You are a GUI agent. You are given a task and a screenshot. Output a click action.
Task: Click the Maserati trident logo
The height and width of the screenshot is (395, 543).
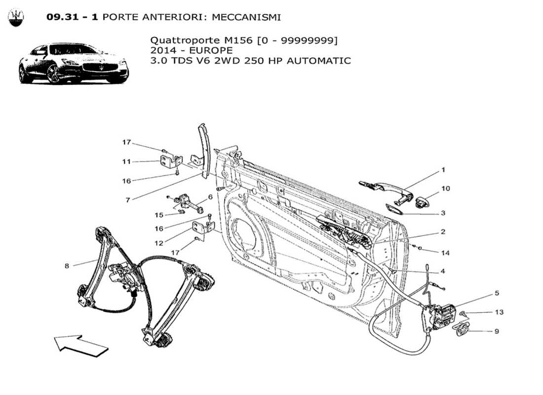[x=16, y=18]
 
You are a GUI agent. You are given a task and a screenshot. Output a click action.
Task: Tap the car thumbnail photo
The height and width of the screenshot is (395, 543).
[x=74, y=63]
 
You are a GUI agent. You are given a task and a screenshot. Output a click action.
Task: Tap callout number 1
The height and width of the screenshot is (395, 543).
[x=443, y=170]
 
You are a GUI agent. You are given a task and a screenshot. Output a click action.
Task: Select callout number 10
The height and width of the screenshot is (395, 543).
[x=445, y=189]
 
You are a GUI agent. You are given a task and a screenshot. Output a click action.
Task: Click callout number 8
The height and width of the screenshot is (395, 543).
[x=67, y=266]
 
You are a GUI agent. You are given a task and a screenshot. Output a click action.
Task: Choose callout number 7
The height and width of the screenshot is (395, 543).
[x=127, y=200]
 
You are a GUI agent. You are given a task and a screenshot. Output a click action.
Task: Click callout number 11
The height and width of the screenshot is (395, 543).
[x=127, y=161]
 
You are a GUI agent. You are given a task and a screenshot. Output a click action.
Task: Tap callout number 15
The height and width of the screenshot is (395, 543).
[x=159, y=215]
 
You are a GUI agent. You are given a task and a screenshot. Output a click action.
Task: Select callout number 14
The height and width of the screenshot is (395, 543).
[x=445, y=253]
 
